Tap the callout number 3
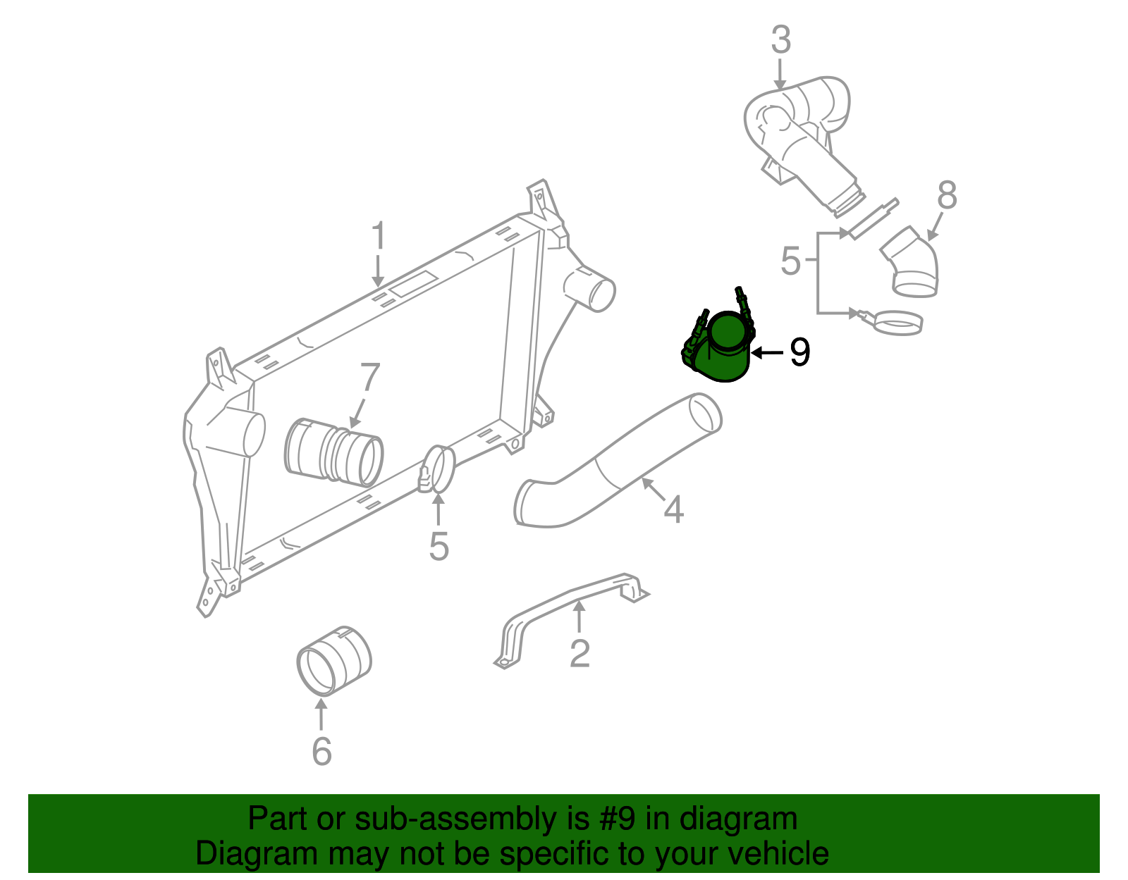(780, 40)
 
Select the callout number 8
(947, 195)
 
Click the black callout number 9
(799, 352)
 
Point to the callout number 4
(673, 509)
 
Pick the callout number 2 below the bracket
(580, 654)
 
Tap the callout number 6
(321, 752)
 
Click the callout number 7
(369, 378)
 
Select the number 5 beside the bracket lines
(790, 261)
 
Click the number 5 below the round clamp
(439, 547)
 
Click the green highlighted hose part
(723, 352)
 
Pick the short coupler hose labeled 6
(333, 660)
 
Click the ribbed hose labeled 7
(334, 453)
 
